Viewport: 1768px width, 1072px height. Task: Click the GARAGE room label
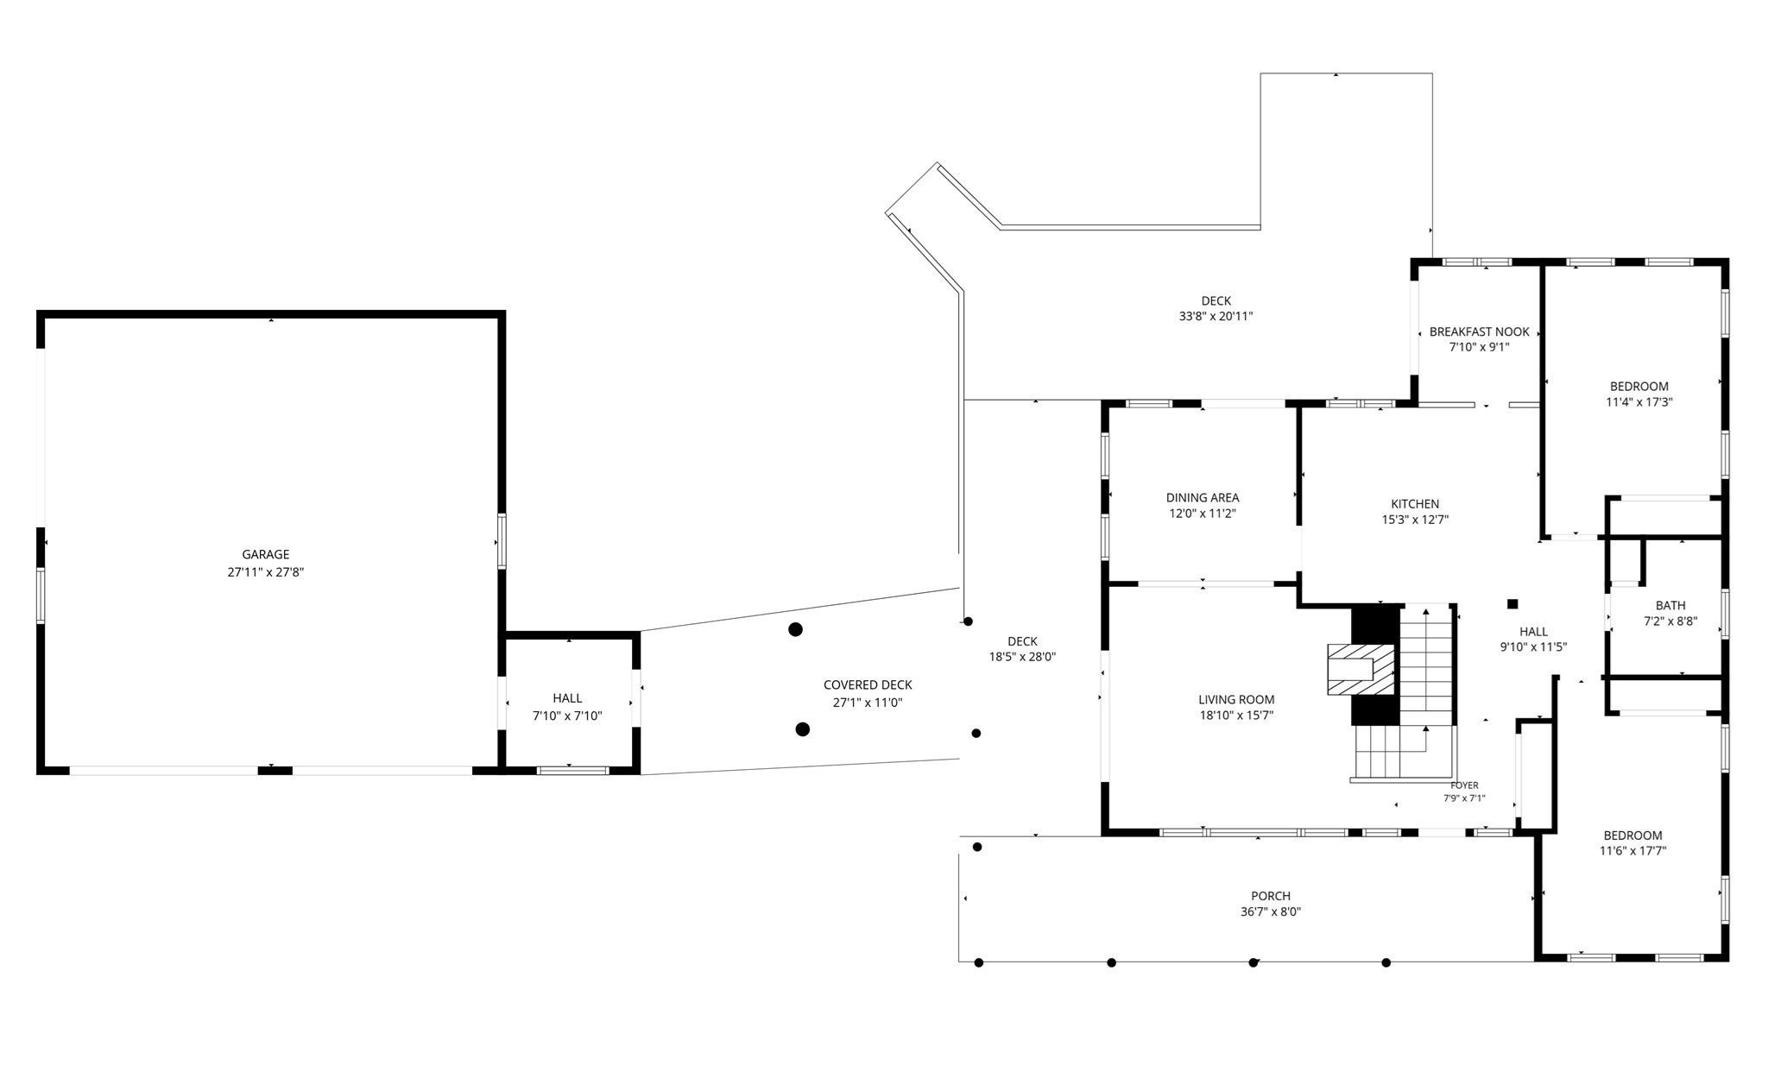[266, 554]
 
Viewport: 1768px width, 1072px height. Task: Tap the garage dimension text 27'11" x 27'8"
[266, 571]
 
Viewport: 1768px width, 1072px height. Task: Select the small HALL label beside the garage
[567, 698]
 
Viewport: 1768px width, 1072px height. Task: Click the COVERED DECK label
[868, 685]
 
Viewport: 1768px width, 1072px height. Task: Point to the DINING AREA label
[1203, 498]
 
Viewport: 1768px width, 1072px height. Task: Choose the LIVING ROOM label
[1236, 700]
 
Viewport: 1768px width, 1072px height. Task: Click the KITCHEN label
[1415, 504]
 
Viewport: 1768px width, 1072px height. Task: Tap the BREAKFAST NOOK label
[1480, 331]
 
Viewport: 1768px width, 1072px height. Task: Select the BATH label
[1670, 606]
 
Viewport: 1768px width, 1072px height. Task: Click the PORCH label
[1271, 896]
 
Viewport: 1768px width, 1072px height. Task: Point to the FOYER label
[1464, 785]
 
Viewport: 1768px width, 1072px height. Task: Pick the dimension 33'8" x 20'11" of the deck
[1215, 317]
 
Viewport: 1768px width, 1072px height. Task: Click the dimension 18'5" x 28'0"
[1022, 657]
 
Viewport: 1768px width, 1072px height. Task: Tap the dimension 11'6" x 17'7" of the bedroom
[1632, 851]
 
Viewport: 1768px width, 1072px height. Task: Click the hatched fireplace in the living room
[1361, 670]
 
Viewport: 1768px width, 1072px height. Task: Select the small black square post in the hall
[1512, 604]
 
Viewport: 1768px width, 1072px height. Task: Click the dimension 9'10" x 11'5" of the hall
[1533, 647]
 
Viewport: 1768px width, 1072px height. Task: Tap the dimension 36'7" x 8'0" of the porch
[1271, 912]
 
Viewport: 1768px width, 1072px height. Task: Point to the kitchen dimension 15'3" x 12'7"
[1415, 520]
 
